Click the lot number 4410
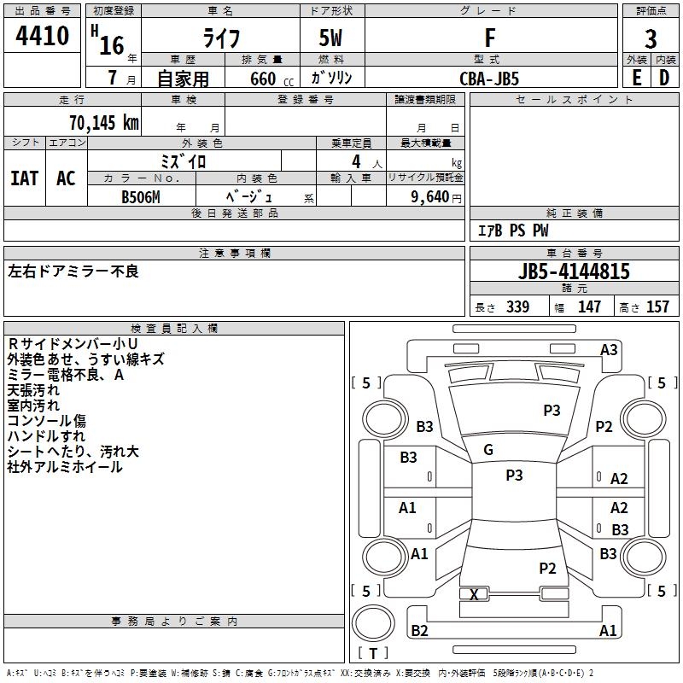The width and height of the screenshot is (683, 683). click(43, 36)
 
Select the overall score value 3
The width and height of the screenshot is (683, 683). click(651, 38)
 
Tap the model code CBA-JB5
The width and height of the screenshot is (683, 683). click(489, 78)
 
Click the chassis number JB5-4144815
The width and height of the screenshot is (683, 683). click(575, 271)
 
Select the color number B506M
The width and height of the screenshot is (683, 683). click(141, 196)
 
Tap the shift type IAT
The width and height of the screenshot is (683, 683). click(24, 178)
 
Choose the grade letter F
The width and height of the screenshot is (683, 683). click(490, 38)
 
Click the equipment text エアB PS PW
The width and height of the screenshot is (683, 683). click(513, 231)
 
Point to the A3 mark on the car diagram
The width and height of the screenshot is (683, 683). click(609, 349)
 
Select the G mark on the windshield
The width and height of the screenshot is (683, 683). click(488, 450)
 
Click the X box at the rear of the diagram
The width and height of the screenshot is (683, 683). click(474, 594)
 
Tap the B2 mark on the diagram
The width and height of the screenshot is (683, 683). click(419, 631)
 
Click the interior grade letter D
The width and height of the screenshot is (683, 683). click(664, 78)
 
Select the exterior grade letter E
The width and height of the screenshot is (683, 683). click(636, 78)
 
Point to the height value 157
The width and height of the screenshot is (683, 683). click(658, 306)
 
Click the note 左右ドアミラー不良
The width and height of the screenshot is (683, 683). click(73, 271)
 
